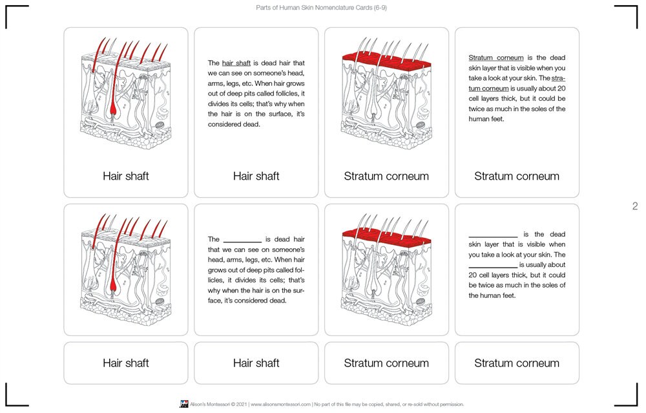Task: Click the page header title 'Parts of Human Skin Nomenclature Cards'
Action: point(321,8)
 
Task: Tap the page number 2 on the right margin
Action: point(634,206)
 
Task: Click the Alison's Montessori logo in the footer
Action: point(183,404)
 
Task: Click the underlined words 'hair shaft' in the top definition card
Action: point(236,63)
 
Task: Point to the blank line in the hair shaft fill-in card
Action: point(242,240)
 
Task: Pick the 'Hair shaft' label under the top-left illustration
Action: point(126,176)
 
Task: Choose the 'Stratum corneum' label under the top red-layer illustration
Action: point(386,176)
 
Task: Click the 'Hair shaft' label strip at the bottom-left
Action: point(126,363)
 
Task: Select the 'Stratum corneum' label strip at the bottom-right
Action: point(517,363)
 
